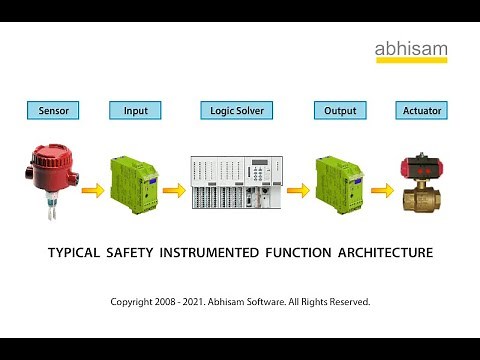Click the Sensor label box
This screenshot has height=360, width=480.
pyautogui.click(x=53, y=110)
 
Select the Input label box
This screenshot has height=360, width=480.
pyautogui.click(x=135, y=110)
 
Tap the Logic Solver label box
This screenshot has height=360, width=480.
pyautogui.click(x=236, y=110)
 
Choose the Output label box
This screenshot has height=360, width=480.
pyautogui.click(x=340, y=110)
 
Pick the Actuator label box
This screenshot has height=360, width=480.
pyautogui.click(x=421, y=110)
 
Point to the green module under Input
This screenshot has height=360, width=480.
pyautogui.click(x=133, y=181)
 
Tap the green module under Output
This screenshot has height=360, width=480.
pyautogui.click(x=339, y=181)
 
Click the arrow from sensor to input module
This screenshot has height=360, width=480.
pyautogui.click(x=93, y=189)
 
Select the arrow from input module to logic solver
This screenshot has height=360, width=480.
pyautogui.click(x=173, y=189)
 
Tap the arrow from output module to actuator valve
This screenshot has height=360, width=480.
pyautogui.click(x=381, y=189)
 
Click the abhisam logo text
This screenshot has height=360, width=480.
pyautogui.click(x=411, y=49)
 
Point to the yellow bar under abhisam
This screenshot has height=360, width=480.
pyautogui.click(x=411, y=61)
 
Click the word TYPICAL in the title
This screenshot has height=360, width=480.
pyautogui.click(x=74, y=253)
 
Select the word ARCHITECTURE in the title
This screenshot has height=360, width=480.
pyautogui.click(x=380, y=253)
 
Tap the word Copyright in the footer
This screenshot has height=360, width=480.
pyautogui.click(x=136, y=301)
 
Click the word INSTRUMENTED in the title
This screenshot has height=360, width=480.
pyautogui.click(x=217, y=253)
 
